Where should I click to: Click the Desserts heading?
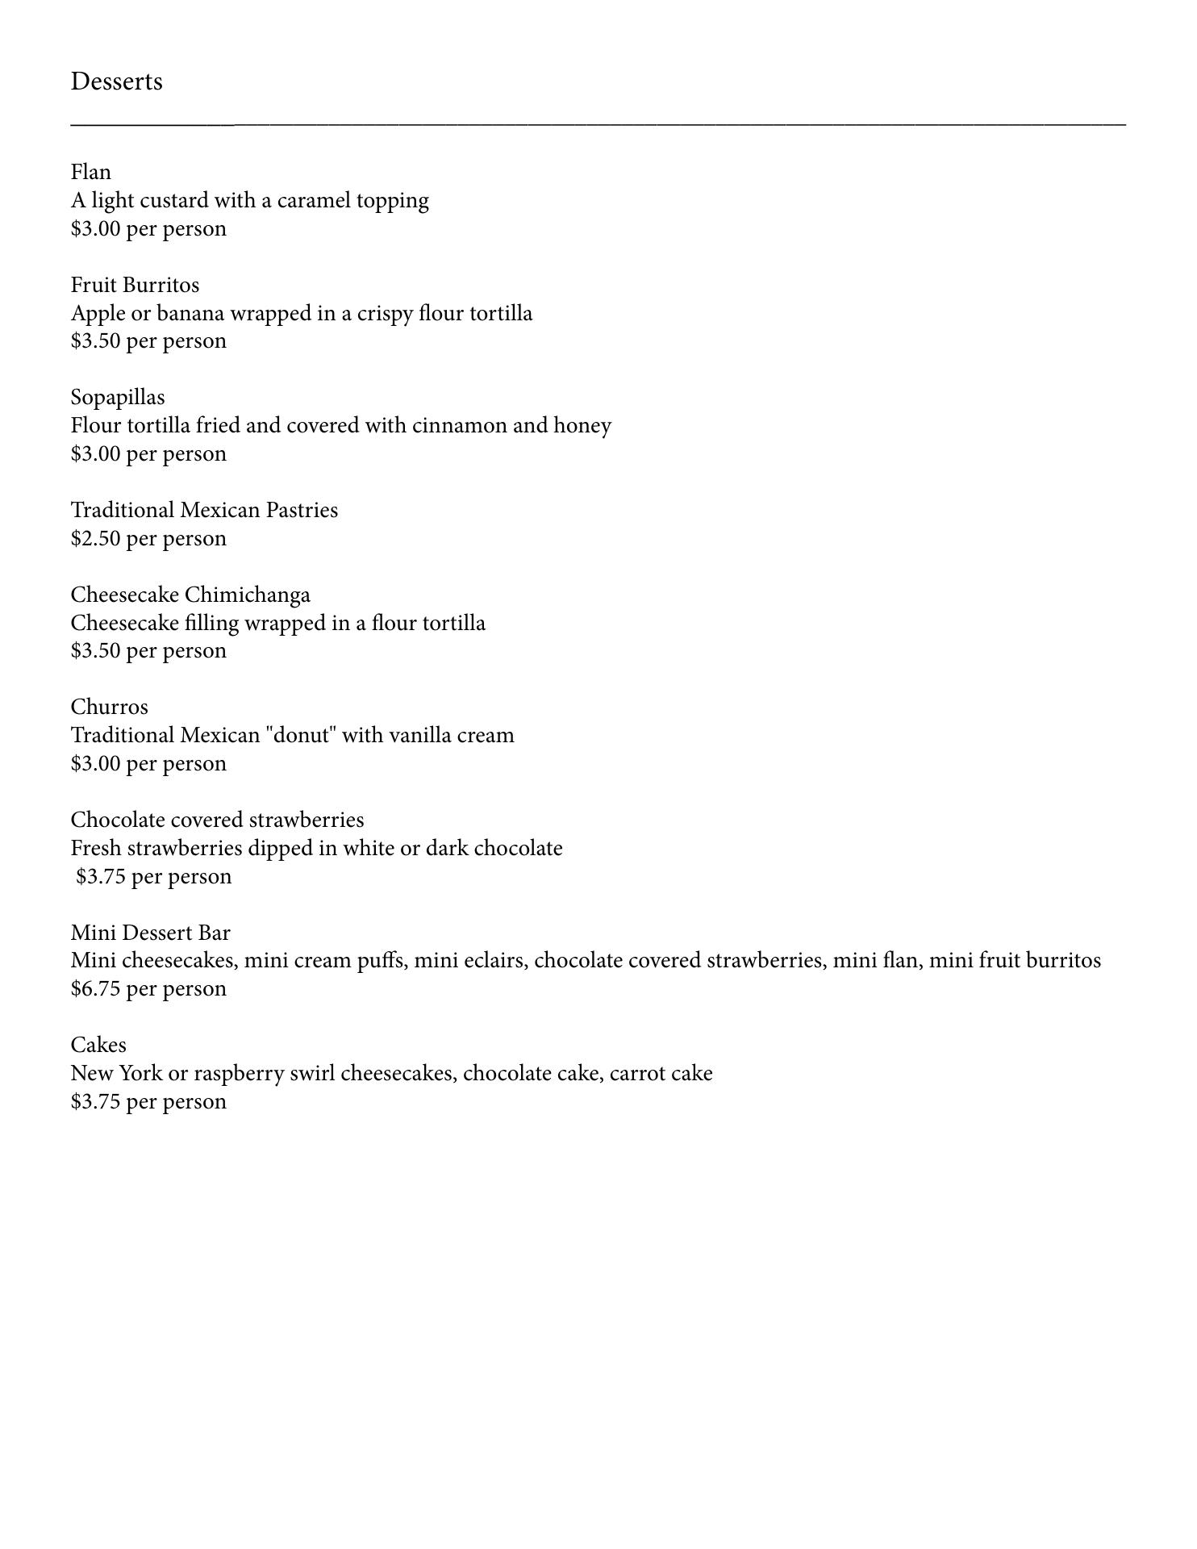(116, 81)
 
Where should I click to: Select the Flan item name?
(91, 172)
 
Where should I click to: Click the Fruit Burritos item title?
(135, 285)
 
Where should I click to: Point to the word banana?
(190, 313)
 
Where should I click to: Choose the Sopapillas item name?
(118, 397)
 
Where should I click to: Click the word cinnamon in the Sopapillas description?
(460, 425)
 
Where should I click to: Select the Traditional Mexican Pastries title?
(204, 510)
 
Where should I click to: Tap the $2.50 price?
(96, 538)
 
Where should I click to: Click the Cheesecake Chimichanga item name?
(190, 595)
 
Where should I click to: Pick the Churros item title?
(110, 707)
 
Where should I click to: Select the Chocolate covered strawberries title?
(217, 820)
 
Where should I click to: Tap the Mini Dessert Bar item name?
(151, 933)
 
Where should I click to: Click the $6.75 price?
(96, 989)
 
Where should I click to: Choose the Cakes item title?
(98, 1045)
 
